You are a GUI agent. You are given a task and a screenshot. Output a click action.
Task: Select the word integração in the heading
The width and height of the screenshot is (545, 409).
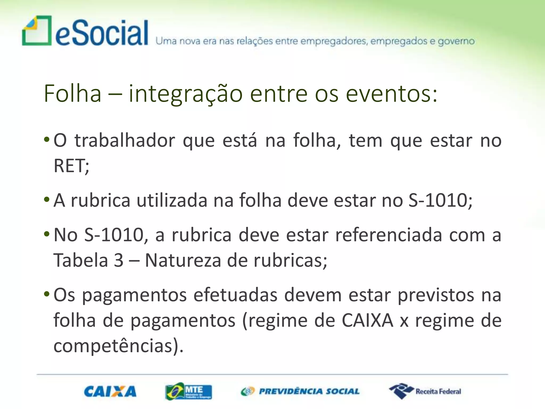click(x=185, y=94)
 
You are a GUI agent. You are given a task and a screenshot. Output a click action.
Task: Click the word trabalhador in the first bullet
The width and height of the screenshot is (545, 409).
click(x=125, y=140)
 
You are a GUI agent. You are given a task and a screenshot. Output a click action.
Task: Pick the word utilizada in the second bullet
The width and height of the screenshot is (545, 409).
click(x=172, y=200)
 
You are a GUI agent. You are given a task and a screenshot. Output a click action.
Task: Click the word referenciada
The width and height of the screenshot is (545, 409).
click(x=389, y=235)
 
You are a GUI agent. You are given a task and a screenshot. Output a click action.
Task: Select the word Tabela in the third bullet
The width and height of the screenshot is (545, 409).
click(x=81, y=260)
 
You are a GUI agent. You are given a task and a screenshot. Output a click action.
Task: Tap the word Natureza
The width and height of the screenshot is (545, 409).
click(x=183, y=260)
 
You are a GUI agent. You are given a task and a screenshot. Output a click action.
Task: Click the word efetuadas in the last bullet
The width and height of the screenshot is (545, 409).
click(x=235, y=295)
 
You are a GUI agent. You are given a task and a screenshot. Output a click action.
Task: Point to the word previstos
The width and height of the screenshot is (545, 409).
click(x=436, y=295)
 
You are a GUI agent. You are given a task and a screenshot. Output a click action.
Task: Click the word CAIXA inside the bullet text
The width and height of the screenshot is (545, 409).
click(x=367, y=320)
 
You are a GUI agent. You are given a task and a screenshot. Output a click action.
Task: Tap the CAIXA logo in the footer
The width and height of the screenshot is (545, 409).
click(x=110, y=391)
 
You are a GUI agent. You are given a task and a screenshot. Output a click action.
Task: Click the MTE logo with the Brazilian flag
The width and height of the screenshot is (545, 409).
click(x=188, y=391)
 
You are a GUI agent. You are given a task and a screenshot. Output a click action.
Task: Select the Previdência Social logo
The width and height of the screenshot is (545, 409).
click(x=300, y=391)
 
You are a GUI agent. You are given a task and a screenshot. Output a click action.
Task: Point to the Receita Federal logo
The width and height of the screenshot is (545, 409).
click(x=425, y=391)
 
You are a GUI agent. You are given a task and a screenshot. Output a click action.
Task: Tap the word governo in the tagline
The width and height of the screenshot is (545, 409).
click(x=456, y=41)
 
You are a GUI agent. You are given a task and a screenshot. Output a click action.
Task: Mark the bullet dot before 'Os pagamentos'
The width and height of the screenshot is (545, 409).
click(x=47, y=294)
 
